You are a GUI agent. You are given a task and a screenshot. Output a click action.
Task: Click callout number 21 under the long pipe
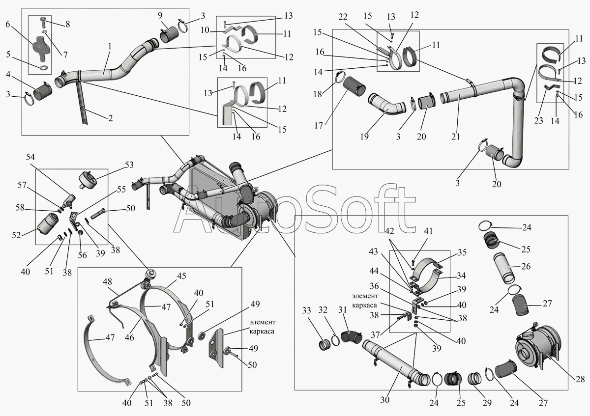pos(455,137)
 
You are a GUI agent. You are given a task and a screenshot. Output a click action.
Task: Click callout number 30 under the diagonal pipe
pos(384,400)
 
